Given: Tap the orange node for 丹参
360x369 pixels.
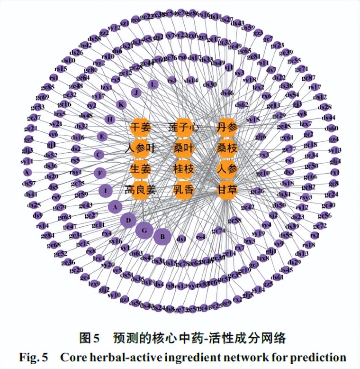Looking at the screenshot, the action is (x=227, y=128).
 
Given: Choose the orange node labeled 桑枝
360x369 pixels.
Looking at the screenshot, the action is (x=227, y=148).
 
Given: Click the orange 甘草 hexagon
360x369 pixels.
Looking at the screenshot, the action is (x=227, y=190).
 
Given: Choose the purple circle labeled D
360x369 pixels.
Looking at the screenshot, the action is (x=128, y=220).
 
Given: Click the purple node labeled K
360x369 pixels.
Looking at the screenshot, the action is (x=122, y=105).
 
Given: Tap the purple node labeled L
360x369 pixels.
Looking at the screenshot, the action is (x=152, y=85).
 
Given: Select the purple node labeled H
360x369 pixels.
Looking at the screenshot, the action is (x=110, y=119).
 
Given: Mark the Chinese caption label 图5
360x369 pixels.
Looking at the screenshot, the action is (x=90, y=338).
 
